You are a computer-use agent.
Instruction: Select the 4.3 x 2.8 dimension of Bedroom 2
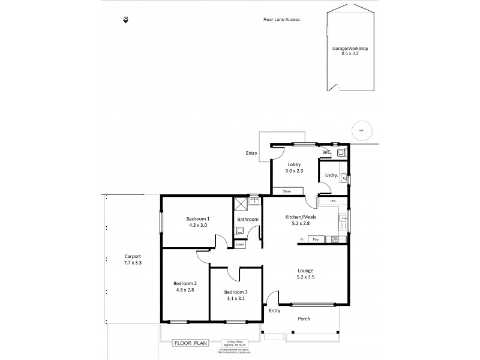pyautogui.click(x=185, y=290)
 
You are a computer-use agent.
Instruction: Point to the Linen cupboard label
pyautogui.click(x=240, y=244)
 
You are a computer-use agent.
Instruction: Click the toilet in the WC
pyautogui.click(x=340, y=153)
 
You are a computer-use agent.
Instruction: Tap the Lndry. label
pyautogui.click(x=330, y=175)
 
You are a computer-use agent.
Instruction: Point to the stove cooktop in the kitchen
pyautogui.click(x=332, y=240)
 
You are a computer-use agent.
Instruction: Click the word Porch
pyautogui.click(x=304, y=319)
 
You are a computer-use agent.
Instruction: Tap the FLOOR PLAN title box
pyautogui.click(x=190, y=344)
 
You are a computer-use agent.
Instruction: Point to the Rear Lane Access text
pyautogui.click(x=281, y=20)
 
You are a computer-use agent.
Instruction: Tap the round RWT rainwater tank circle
pyautogui.click(x=362, y=131)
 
